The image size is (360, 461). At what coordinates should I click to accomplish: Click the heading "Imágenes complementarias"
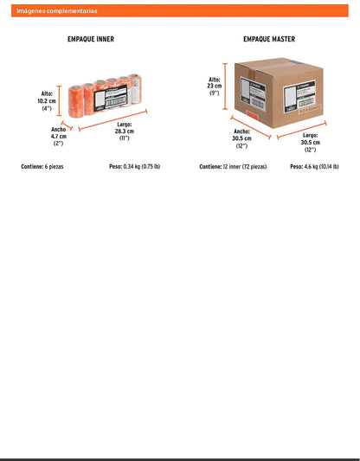click(57, 11)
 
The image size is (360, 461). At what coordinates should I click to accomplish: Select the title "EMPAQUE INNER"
click(91, 39)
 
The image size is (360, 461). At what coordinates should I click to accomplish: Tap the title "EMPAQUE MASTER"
click(269, 39)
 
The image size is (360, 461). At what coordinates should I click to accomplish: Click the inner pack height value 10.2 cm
click(47, 101)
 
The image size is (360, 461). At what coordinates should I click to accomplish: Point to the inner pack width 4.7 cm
click(59, 136)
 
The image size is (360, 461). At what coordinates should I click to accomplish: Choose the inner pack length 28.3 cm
click(125, 131)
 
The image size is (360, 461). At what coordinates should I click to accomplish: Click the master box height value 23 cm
click(215, 86)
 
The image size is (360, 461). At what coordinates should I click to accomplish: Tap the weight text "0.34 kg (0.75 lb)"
click(142, 166)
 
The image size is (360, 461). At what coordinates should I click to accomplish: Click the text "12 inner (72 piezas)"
click(245, 167)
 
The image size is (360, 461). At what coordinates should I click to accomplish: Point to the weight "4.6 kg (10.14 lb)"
click(321, 166)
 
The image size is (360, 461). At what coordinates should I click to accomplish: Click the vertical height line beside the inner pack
click(60, 101)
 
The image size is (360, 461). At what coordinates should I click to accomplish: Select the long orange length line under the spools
click(113, 120)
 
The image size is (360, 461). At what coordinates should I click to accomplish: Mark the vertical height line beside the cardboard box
click(225, 86)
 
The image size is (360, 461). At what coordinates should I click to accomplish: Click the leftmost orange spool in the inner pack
click(76, 101)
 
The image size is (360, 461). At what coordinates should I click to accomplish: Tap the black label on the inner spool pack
click(111, 99)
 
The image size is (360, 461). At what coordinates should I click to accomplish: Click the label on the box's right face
click(299, 97)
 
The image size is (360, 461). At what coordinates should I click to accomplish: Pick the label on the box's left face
click(253, 94)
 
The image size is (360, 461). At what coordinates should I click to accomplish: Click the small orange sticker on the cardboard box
click(252, 116)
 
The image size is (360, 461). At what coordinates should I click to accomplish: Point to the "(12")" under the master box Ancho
click(241, 145)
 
